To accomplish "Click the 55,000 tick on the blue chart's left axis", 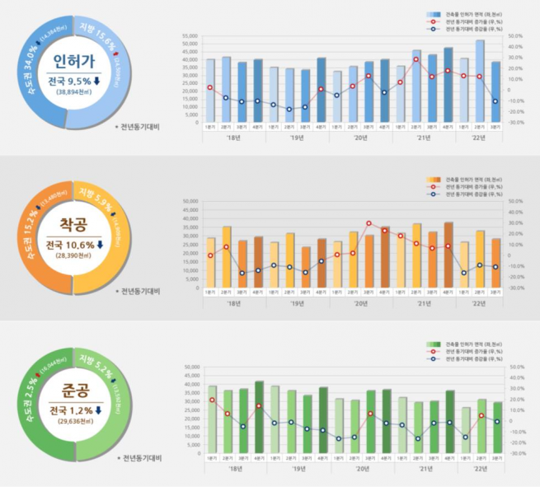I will coord(189,36).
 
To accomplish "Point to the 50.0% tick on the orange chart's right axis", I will coord(516,200).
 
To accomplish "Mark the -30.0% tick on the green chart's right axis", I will coord(516,453).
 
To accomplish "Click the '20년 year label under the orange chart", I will coord(360,303).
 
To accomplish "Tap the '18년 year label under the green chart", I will coord(235,467).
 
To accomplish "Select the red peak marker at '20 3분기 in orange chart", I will coord(369,223).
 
